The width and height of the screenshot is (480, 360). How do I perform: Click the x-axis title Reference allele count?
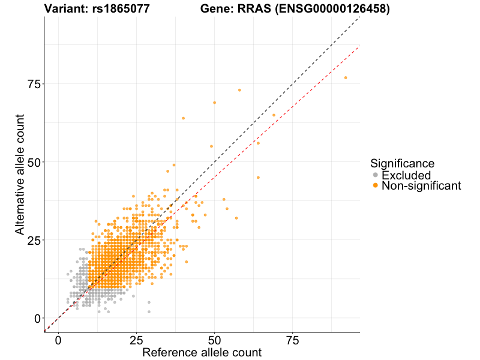(x=202, y=352)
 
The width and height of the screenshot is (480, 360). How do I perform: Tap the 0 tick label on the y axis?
(x=37, y=318)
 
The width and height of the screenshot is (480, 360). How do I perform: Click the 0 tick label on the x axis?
(x=58, y=340)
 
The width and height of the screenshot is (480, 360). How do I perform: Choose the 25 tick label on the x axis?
(x=136, y=340)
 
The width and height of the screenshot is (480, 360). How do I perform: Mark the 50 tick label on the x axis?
(x=214, y=340)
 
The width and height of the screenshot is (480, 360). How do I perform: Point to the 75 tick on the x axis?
(x=292, y=340)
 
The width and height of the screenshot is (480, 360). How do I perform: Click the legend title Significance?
(x=402, y=163)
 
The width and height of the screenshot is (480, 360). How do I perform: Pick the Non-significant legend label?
(x=421, y=186)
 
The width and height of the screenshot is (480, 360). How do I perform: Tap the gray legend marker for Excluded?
(x=376, y=175)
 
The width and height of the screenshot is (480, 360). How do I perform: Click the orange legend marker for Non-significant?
(x=376, y=186)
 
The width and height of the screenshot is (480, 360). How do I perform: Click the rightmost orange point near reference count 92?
(x=346, y=77)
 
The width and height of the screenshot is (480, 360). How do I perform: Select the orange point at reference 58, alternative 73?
(x=239, y=90)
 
